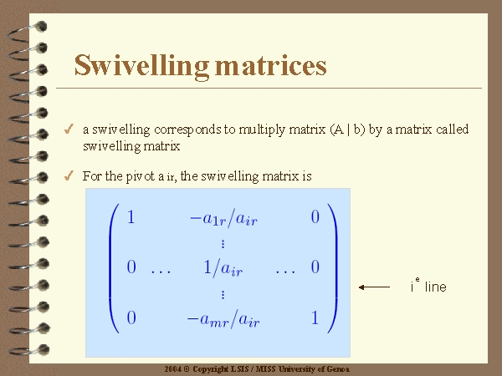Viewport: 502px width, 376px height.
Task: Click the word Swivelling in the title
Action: [141, 66]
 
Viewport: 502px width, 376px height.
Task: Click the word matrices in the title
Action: [271, 65]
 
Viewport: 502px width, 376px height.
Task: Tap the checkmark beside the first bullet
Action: [69, 129]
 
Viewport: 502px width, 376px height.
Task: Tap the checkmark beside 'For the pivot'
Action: [69, 175]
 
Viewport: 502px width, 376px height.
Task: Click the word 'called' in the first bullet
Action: [452, 130]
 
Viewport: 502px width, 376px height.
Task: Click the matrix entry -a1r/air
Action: [223, 219]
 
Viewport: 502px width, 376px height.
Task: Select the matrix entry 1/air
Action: [223, 268]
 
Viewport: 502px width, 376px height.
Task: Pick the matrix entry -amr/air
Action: [223, 319]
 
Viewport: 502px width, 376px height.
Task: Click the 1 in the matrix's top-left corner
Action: [131, 217]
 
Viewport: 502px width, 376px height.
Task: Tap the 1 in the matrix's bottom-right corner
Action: [315, 318]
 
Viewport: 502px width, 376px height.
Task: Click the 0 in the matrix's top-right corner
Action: [315, 217]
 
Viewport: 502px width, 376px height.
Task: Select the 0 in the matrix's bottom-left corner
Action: [131, 318]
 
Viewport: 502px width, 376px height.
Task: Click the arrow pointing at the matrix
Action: [374, 287]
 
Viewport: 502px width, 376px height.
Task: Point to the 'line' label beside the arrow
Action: [435, 287]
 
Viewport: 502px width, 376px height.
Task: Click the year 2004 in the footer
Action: [173, 369]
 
